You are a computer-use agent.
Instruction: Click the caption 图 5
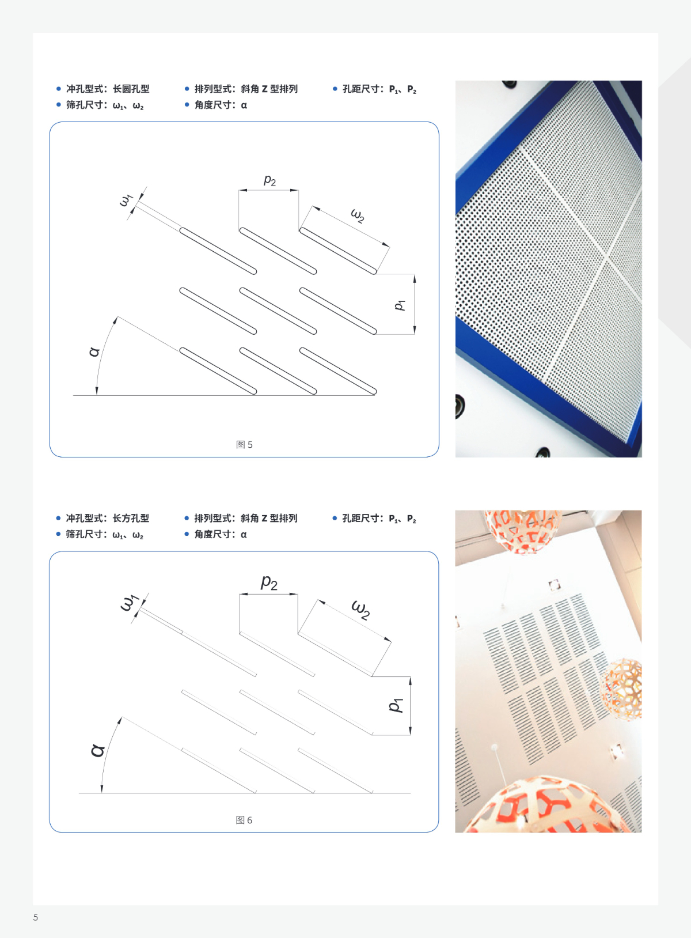coord(244,444)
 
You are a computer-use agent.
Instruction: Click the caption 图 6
coord(244,820)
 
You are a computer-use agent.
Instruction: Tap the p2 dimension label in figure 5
coord(269,180)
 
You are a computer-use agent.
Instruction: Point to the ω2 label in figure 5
coord(358,215)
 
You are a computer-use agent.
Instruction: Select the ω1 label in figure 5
coord(126,200)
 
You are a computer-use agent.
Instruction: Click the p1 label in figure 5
coord(400,305)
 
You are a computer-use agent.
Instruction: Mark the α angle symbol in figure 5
coord(95,351)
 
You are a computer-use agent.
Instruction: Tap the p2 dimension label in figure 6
coord(269,582)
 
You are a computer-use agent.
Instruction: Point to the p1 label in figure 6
coord(396,705)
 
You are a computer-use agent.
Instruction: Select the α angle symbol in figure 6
coord(98,750)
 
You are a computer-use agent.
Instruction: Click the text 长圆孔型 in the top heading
coord(131,89)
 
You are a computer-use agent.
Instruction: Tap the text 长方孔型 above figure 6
coord(131,518)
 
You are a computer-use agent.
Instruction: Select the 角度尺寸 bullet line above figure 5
coord(217,105)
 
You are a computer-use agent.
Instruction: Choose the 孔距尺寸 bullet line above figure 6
coord(375,519)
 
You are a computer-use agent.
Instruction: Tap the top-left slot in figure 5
coord(218,251)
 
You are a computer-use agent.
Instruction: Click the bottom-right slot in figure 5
coord(338,371)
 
